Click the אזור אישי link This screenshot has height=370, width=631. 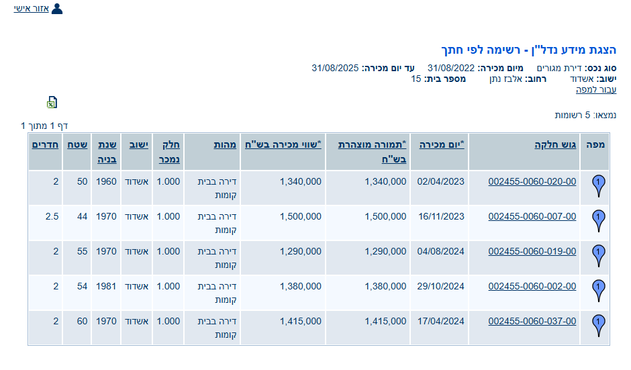click(x=32, y=9)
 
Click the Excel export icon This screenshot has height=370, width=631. click(x=52, y=102)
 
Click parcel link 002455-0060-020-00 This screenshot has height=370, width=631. click(x=532, y=181)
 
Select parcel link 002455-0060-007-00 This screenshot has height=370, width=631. click(x=532, y=216)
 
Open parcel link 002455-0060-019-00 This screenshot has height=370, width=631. click(x=532, y=251)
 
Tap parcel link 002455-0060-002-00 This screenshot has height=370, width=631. click(x=532, y=286)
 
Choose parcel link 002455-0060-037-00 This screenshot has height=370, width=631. click(x=532, y=321)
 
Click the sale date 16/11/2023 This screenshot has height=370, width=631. click(x=440, y=216)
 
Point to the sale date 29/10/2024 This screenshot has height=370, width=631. click(x=440, y=286)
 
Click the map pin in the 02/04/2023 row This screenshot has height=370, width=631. click(x=599, y=186)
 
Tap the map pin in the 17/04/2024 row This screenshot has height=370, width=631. click(x=599, y=326)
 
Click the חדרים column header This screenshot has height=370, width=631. click(x=44, y=144)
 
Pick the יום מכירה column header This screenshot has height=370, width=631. click(x=442, y=144)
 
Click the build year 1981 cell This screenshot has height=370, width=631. click(x=105, y=286)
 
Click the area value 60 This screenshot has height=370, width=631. click(x=82, y=321)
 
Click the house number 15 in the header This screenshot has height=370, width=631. click(x=416, y=79)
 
